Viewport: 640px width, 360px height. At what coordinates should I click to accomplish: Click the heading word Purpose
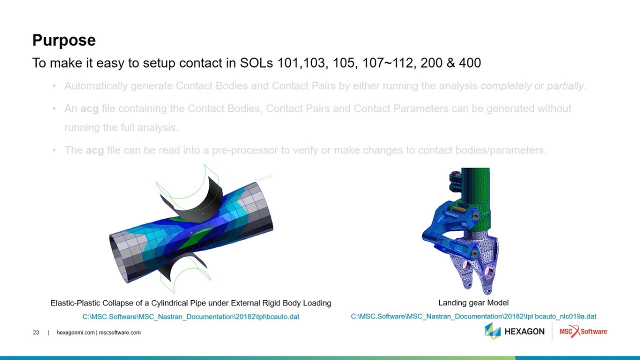coord(63,40)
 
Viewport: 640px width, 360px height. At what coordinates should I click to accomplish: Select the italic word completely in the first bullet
coord(505,86)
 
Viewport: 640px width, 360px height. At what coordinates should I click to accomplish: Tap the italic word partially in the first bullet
coord(565,86)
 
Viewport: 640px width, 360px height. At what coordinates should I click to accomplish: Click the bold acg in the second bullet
coord(89,108)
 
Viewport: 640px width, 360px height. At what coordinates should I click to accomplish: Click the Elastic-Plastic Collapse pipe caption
coord(190,303)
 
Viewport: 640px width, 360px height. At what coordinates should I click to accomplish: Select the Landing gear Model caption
coord(473,302)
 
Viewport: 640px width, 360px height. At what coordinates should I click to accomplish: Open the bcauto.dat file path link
coord(190,316)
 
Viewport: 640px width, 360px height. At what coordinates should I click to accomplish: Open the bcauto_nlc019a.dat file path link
coord(473,316)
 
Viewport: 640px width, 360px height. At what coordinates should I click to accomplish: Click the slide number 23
coord(36,332)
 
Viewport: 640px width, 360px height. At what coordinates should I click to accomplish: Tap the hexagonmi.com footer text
coord(75,332)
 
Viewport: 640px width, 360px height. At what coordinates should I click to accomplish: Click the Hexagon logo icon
coord(492,331)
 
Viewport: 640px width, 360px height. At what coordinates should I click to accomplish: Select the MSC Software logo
coord(582,331)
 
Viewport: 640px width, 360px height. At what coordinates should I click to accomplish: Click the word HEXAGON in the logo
coord(524,331)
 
